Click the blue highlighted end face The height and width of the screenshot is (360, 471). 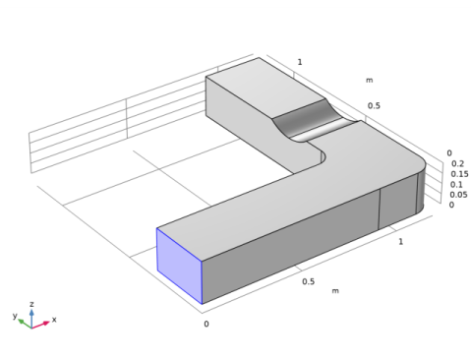179,266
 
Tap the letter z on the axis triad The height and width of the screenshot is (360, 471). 31,304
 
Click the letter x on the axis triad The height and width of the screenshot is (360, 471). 54,320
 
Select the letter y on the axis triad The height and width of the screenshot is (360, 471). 15,316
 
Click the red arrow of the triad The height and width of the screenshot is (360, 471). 40,325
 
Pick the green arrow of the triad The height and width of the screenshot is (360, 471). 25,324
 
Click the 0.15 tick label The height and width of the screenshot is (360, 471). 459,174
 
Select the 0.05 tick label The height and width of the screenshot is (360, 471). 458,195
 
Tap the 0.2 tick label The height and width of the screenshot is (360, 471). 458,163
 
